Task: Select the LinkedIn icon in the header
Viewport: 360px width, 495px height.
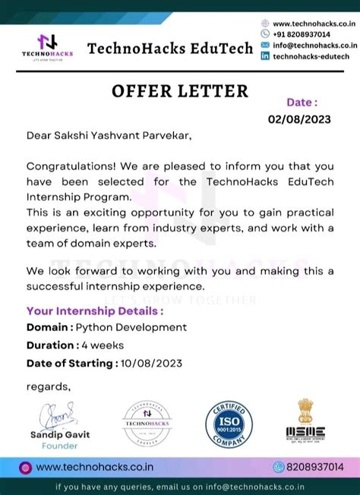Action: point(265,55)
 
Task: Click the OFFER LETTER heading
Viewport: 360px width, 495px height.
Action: point(180,92)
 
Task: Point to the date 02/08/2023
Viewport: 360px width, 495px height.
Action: point(301,119)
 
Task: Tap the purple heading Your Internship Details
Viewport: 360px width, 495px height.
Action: point(94,311)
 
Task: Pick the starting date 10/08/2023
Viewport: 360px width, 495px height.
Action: point(150,363)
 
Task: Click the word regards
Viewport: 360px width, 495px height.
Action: point(48,386)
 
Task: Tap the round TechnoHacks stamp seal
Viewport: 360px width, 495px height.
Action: point(147,423)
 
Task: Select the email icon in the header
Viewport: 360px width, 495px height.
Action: point(265,45)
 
